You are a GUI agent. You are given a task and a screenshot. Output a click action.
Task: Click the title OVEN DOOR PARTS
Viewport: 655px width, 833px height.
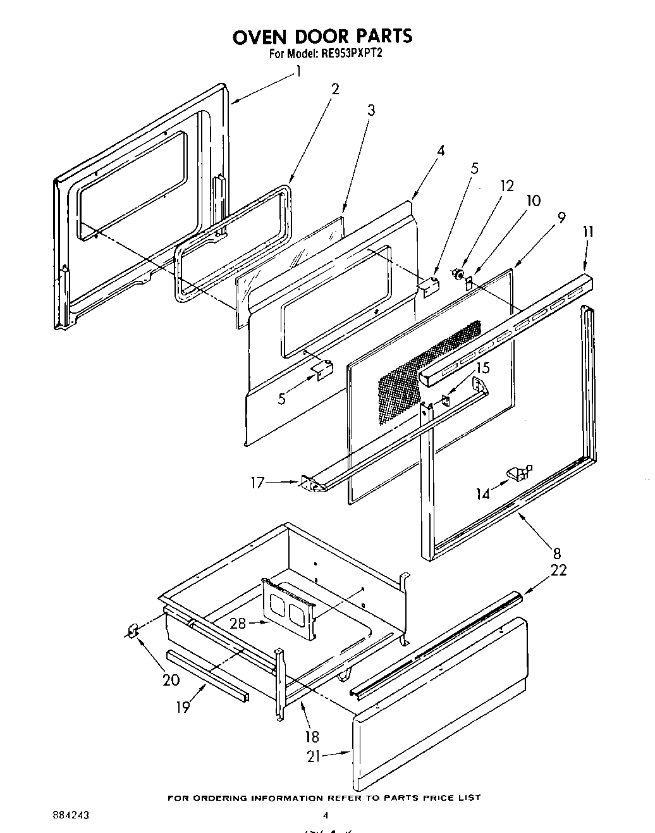click(x=322, y=36)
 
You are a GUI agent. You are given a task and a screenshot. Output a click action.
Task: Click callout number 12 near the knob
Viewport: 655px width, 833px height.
click(x=506, y=186)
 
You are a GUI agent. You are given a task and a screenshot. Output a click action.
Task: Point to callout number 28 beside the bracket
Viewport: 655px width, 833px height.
click(x=238, y=623)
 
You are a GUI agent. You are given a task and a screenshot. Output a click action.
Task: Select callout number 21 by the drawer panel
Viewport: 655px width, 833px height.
click(x=314, y=756)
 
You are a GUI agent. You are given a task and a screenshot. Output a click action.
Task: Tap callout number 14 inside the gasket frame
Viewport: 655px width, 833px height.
click(x=483, y=494)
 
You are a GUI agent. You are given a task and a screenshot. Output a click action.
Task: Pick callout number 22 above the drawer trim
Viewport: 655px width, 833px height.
click(x=558, y=570)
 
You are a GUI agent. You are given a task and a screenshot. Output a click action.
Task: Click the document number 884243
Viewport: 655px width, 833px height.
click(x=71, y=816)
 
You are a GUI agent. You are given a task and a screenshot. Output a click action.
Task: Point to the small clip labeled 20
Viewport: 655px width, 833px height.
click(x=133, y=631)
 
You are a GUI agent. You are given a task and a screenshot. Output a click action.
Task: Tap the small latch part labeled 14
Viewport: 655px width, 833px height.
click(x=517, y=471)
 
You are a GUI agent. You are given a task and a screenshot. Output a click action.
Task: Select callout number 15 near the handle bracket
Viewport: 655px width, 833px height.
click(x=482, y=367)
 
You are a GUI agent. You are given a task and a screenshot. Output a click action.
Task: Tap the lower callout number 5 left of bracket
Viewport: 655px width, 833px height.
click(x=281, y=398)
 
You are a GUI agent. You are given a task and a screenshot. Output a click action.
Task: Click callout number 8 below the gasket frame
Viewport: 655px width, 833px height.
click(x=557, y=553)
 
